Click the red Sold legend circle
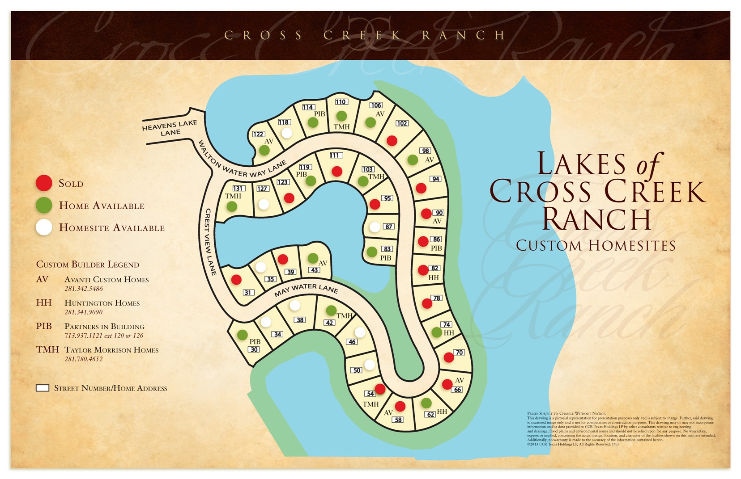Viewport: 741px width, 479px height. point(44,183)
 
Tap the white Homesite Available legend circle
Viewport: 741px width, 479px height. point(44,227)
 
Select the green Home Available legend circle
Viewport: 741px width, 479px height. point(44,206)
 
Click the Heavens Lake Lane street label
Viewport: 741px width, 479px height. point(170,128)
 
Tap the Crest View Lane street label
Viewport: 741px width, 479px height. point(208,242)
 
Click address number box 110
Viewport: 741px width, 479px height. point(341,102)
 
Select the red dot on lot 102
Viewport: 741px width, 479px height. point(392,141)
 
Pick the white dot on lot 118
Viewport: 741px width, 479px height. point(287,133)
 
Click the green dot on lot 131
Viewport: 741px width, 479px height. point(232,206)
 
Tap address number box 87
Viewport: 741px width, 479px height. point(389,227)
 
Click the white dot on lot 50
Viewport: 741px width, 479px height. point(370,365)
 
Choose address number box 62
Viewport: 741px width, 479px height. point(430,414)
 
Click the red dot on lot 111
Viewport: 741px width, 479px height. point(337,171)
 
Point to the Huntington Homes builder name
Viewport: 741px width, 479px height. point(102,303)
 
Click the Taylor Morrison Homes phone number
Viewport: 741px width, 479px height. point(84,359)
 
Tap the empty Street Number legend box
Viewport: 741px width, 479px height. point(43,388)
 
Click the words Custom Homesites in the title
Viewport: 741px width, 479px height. point(596,245)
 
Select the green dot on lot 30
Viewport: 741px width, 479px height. point(243,335)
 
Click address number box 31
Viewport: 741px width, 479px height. point(248,292)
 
